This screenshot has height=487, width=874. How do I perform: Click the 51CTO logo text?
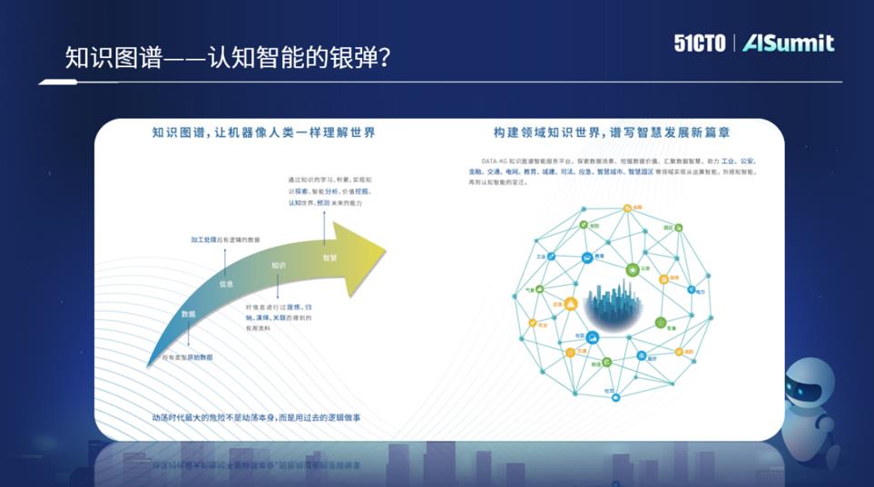coord(700,43)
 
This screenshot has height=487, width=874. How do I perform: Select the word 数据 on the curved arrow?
coord(189,314)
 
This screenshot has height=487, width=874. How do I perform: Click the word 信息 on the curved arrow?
coord(226,284)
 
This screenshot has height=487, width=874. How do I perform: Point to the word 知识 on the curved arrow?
coord(278,266)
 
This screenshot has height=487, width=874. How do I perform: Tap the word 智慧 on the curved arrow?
coord(329,258)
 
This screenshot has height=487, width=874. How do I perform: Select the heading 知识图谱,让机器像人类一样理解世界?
coord(264,132)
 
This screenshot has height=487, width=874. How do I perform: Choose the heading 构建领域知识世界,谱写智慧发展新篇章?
coord(613,132)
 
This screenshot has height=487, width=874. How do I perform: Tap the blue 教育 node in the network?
coord(588,258)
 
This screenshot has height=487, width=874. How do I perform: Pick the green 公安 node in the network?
coord(633,268)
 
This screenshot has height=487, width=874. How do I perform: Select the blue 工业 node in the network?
coord(550,258)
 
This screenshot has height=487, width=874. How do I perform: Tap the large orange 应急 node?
coord(570,304)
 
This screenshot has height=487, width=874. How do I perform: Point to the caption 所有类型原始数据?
coord(188,358)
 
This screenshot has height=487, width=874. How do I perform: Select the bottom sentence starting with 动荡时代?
coord(263,418)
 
